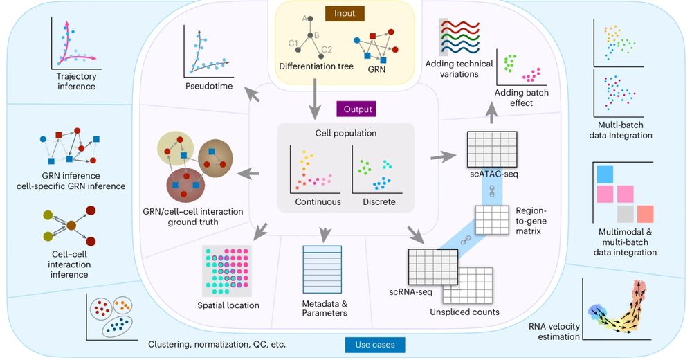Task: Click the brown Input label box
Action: pyautogui.click(x=345, y=13)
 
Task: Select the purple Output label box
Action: pyautogui.click(x=358, y=109)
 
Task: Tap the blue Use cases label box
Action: pyautogui.click(x=375, y=345)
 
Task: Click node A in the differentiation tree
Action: pyautogui.click(x=310, y=19)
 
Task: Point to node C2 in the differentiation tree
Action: pyautogui.click(x=321, y=56)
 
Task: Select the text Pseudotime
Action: pyautogui.click(x=209, y=86)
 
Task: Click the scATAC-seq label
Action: pyautogui.click(x=494, y=174)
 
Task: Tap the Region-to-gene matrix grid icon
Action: pyautogui.click(x=492, y=220)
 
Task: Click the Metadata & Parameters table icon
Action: pyautogui.click(x=322, y=269)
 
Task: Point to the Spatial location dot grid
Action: pyautogui.click(x=227, y=271)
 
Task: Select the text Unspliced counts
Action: pyautogui.click(x=465, y=312)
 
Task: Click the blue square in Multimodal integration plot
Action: pyautogui.click(x=605, y=174)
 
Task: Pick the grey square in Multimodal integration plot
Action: pyautogui.click(x=626, y=214)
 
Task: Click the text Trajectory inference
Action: pyautogui.click(x=76, y=81)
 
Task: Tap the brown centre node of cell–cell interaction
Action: pyautogui.click(x=71, y=226)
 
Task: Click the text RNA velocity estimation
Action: pyautogui.click(x=555, y=332)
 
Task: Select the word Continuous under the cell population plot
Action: pyautogui.click(x=318, y=202)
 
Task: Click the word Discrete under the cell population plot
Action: pyautogui.click(x=379, y=202)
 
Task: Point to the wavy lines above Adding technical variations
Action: pyautogui.click(x=459, y=37)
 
